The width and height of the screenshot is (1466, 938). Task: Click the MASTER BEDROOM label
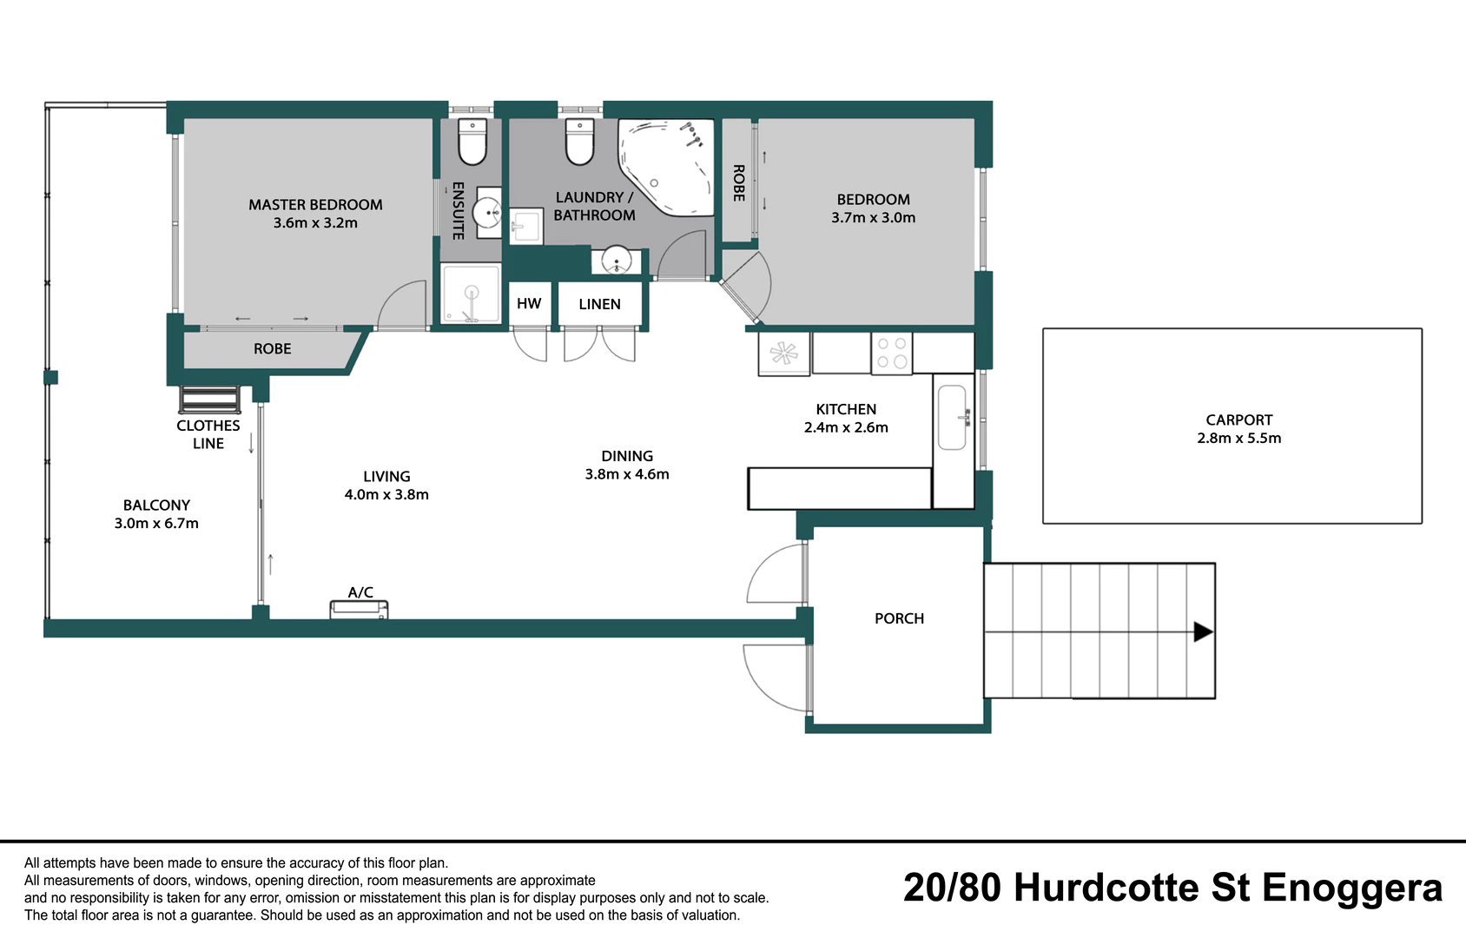coord(315,205)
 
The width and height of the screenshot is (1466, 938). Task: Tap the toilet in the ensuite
coord(472,142)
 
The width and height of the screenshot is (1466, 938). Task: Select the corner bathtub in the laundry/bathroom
coord(666,167)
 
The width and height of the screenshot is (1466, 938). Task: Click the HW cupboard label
coord(529,304)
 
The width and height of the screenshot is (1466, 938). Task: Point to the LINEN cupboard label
coord(599,304)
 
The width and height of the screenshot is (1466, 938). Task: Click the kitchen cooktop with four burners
coord(891,353)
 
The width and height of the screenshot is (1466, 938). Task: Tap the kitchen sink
coord(952,417)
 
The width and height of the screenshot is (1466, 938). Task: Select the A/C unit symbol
coord(359,610)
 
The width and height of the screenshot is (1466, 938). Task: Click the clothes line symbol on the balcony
coord(209,400)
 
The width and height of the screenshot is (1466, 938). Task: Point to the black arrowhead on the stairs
coord(1204,631)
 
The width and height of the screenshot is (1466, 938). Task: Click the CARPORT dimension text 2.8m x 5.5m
coord(1239,439)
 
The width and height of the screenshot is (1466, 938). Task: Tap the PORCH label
coord(899,618)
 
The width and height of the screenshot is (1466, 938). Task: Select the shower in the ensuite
coord(471,294)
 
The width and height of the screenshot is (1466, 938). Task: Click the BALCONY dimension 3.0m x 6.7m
coord(156,524)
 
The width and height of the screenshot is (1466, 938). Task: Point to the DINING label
coord(627,456)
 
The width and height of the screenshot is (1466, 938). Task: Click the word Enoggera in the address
coord(1351,888)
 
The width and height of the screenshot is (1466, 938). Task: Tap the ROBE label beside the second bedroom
coord(739,182)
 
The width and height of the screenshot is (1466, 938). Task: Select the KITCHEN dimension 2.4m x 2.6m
coord(846,427)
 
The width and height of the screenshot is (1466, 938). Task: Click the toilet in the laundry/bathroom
coord(580,142)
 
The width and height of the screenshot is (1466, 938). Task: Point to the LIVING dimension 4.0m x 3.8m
coord(386,495)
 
